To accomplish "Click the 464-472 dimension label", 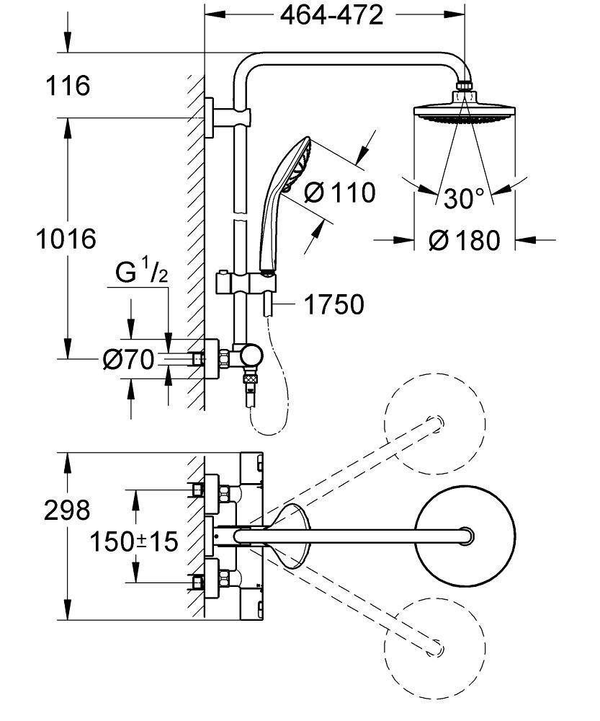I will pos(332,14).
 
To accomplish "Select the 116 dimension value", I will pos(68,87).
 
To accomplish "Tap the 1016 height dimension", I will pos(66,237).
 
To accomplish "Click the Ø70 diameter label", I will pos(128,358).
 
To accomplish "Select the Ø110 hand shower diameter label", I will pos(339,193).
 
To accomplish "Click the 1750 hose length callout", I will pos(333,305).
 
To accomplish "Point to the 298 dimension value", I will pos(67,510).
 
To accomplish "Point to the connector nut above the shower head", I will pos(465,92).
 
